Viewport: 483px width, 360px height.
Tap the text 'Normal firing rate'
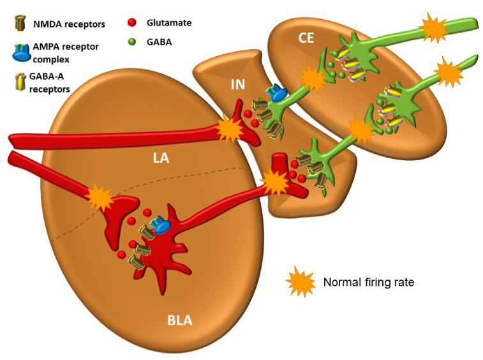[369, 281]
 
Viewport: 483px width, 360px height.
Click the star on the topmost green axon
[433, 27]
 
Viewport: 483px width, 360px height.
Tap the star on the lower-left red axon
[99, 197]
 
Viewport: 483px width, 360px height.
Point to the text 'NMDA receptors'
[69, 25]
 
